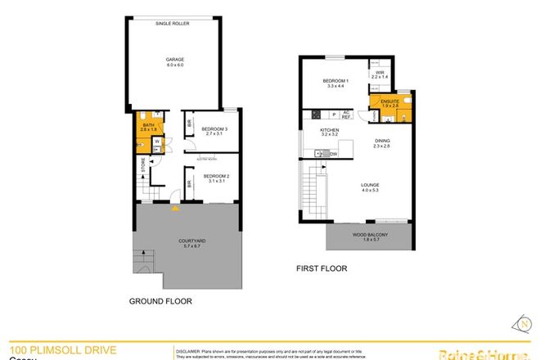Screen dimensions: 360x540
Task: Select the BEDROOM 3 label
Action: point(214,128)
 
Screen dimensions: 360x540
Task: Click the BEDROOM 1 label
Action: point(335,81)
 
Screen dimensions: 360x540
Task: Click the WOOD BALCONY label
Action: point(371,235)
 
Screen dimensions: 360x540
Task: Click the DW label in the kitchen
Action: point(333,154)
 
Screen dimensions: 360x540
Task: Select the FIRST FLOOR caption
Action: point(322,268)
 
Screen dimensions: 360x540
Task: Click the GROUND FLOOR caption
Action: point(160,301)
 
